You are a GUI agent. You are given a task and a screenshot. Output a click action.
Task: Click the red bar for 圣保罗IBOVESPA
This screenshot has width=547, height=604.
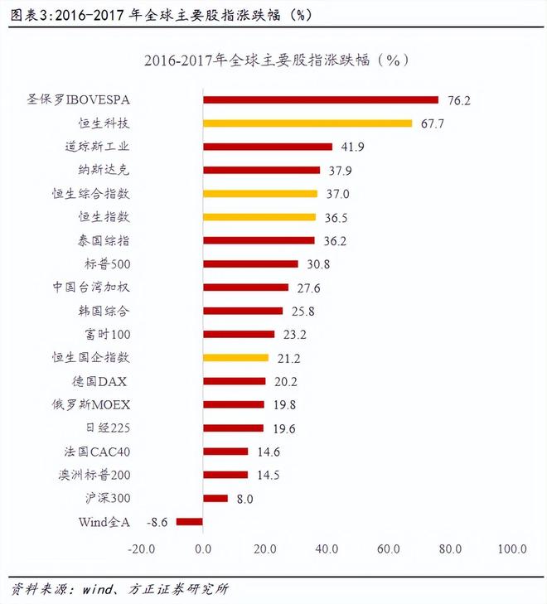[321, 100]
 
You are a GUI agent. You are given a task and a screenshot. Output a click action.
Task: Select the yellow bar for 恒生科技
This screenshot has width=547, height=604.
[307, 123]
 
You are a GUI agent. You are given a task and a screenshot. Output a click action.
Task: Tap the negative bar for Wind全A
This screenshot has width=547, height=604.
[190, 522]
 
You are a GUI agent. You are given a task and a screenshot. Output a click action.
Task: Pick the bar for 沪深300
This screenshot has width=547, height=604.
[215, 499]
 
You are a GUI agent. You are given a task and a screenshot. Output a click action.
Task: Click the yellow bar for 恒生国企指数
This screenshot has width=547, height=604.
[236, 358]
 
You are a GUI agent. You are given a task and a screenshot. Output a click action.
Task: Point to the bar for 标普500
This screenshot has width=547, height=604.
[250, 264]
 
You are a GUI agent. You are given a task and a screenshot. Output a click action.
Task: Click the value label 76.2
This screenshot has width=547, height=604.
[458, 100]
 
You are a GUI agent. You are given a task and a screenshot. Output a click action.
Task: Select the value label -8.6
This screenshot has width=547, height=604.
[157, 522]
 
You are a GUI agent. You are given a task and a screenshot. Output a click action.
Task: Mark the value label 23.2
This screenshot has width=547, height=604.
[294, 335]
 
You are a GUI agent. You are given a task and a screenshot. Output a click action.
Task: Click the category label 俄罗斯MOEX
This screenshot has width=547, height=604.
[96, 405]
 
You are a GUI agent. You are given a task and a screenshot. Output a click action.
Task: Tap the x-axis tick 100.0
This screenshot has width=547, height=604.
[512, 548]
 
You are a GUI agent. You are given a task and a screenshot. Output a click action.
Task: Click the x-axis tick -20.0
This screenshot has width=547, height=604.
[141, 548]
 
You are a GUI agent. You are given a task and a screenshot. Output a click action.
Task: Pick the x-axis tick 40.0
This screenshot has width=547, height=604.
[327, 548]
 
